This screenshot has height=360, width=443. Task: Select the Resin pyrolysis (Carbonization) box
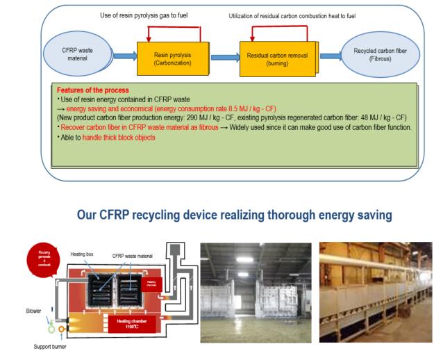[171, 56]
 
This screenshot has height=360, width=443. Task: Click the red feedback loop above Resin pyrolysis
[171, 28]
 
